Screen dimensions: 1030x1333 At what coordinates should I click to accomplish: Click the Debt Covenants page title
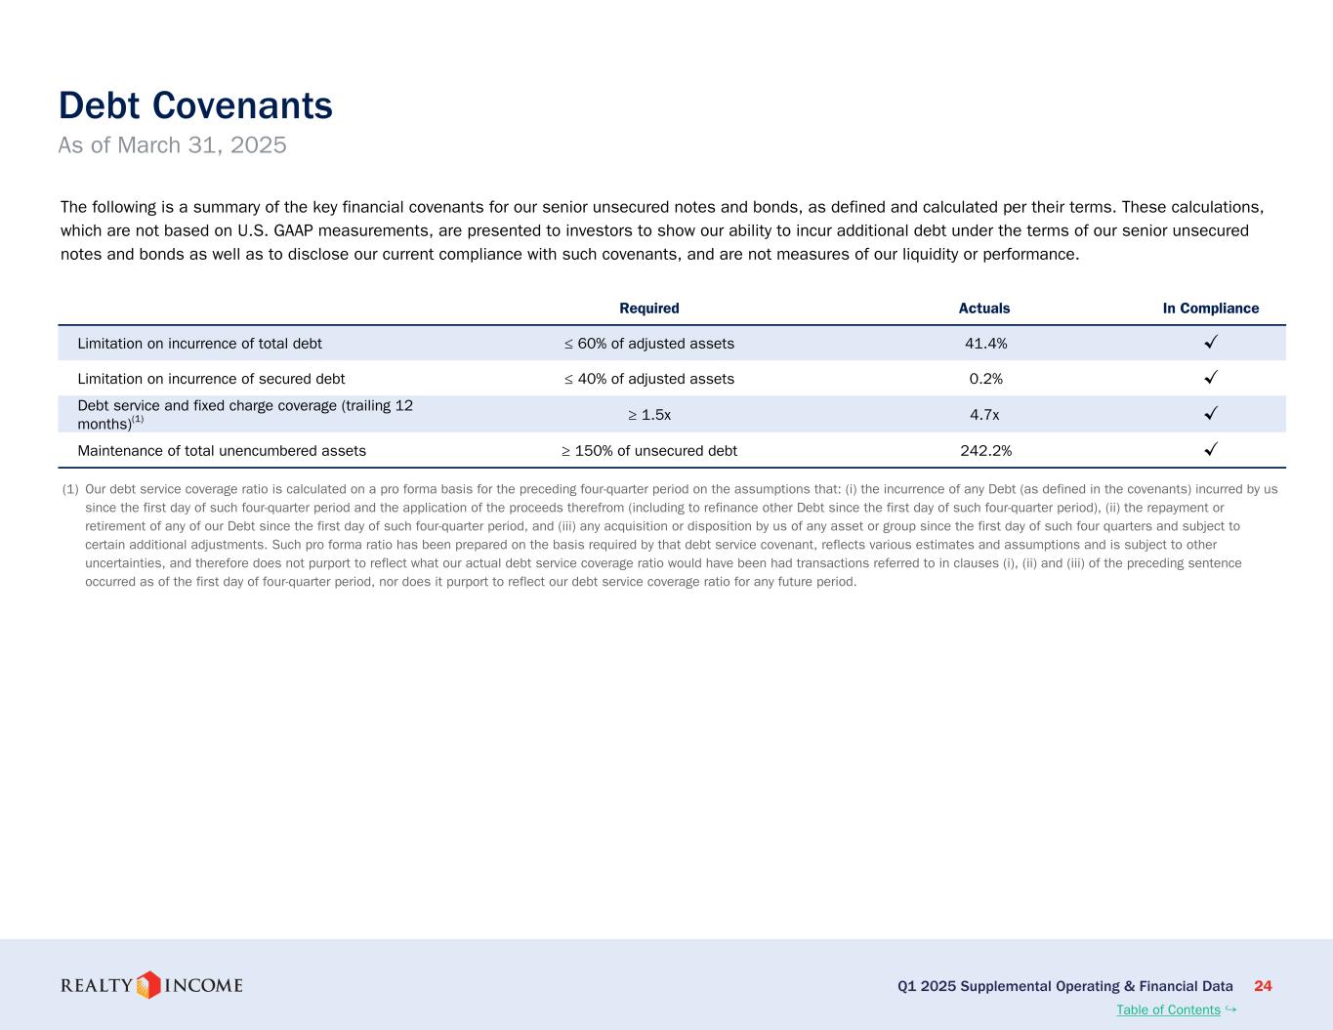195,105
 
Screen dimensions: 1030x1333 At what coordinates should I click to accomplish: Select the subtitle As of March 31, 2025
172,145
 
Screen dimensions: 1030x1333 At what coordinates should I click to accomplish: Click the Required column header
649,309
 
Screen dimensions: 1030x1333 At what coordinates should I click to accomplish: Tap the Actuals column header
984,309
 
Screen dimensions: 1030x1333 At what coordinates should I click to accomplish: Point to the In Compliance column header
1210,309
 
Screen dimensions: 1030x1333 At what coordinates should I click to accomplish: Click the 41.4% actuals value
985,344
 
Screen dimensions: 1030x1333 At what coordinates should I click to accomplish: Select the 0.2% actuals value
985,379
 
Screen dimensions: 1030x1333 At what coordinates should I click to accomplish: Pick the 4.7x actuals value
984,415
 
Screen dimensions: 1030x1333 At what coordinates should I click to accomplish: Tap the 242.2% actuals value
985,451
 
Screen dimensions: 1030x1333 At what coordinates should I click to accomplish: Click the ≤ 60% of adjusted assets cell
649,344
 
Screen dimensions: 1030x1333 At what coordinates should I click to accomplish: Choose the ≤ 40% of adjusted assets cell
649,379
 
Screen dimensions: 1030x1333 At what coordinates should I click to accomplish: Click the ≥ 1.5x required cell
649,415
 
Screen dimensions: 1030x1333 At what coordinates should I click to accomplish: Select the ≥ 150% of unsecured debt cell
649,451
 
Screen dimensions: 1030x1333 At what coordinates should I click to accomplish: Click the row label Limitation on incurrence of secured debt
211,379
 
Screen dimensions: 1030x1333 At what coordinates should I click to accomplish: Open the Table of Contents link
1168,1010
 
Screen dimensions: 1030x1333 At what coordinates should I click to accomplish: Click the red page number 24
1263,986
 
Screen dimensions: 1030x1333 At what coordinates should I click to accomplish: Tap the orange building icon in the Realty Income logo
148,985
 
